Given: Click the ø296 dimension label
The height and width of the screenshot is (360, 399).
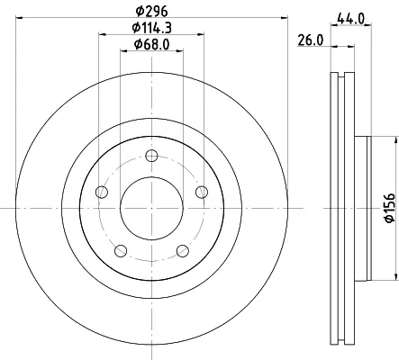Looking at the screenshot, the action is (x=151, y=11).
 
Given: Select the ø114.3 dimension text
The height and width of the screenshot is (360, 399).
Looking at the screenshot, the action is (x=151, y=28).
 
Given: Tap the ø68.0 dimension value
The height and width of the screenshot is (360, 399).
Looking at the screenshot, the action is (x=151, y=44).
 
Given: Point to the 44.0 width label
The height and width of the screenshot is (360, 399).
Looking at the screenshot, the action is (x=350, y=19).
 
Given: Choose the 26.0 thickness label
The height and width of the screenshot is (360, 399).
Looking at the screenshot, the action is (x=311, y=40).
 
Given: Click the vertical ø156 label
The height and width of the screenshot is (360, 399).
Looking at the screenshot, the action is (x=390, y=208).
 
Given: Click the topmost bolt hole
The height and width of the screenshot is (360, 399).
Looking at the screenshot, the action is (x=151, y=156).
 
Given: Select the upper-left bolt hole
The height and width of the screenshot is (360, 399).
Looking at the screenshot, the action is (x=102, y=192).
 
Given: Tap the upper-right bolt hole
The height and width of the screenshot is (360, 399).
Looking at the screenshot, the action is (x=202, y=192).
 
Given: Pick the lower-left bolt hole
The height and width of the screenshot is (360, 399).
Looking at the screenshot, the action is (x=121, y=251).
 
